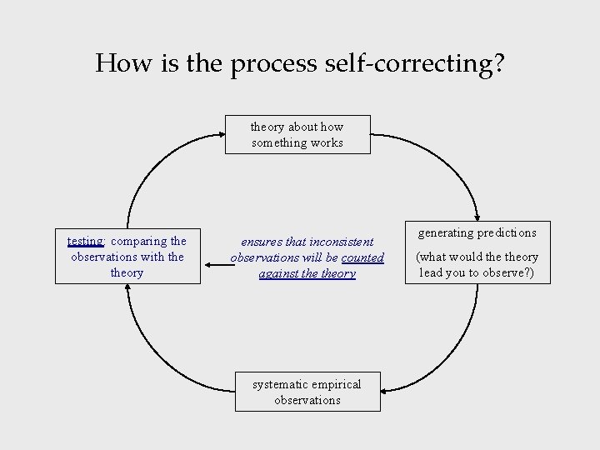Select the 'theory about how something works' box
tap(297, 134)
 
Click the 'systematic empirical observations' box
tap(307, 392)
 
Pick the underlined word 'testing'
tap(85, 242)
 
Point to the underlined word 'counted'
tap(362, 257)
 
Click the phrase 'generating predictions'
tap(477, 232)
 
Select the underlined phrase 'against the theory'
tap(307, 273)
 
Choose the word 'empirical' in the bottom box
tap(337, 384)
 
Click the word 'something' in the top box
tap(278, 142)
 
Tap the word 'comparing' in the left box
tap(138, 242)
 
